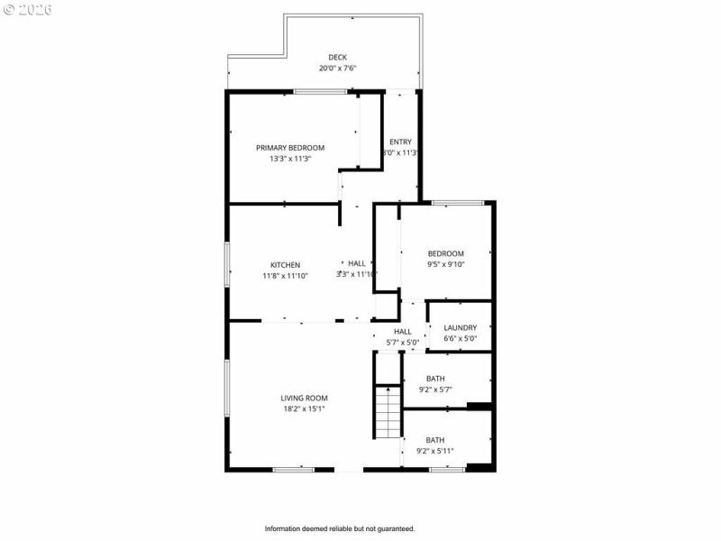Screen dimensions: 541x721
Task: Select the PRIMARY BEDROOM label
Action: tap(290, 148)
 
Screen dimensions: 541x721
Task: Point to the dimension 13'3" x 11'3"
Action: tap(290, 159)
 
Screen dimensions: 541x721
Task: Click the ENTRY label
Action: tap(400, 142)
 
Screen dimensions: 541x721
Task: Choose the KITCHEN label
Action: tap(285, 265)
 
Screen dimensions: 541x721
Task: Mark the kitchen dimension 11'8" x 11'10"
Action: tap(285, 276)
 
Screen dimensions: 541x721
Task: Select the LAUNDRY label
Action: tap(460, 328)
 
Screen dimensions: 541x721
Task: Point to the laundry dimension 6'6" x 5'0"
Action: tap(460, 339)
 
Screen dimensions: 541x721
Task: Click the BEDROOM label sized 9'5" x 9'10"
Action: tap(445, 253)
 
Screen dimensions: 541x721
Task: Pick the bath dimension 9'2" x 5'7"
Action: tap(435, 390)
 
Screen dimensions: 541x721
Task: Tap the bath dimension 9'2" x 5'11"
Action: tap(435, 451)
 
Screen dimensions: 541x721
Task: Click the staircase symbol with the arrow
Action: tap(388, 412)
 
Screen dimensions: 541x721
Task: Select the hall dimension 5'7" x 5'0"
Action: tap(402, 343)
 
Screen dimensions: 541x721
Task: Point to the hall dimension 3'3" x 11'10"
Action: tap(357, 274)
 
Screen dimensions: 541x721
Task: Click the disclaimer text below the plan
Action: tap(339, 528)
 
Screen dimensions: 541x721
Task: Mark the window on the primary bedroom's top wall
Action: tap(320, 91)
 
